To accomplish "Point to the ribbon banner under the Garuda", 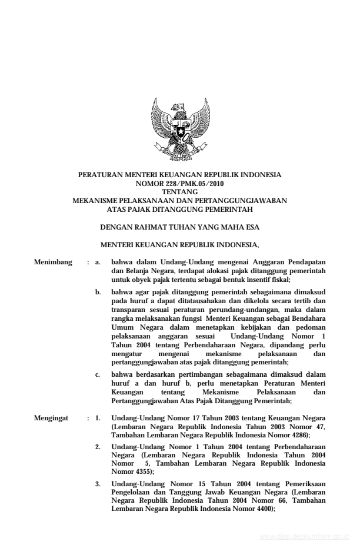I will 180,150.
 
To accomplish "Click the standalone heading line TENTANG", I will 179,192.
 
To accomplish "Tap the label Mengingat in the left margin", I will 52,419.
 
